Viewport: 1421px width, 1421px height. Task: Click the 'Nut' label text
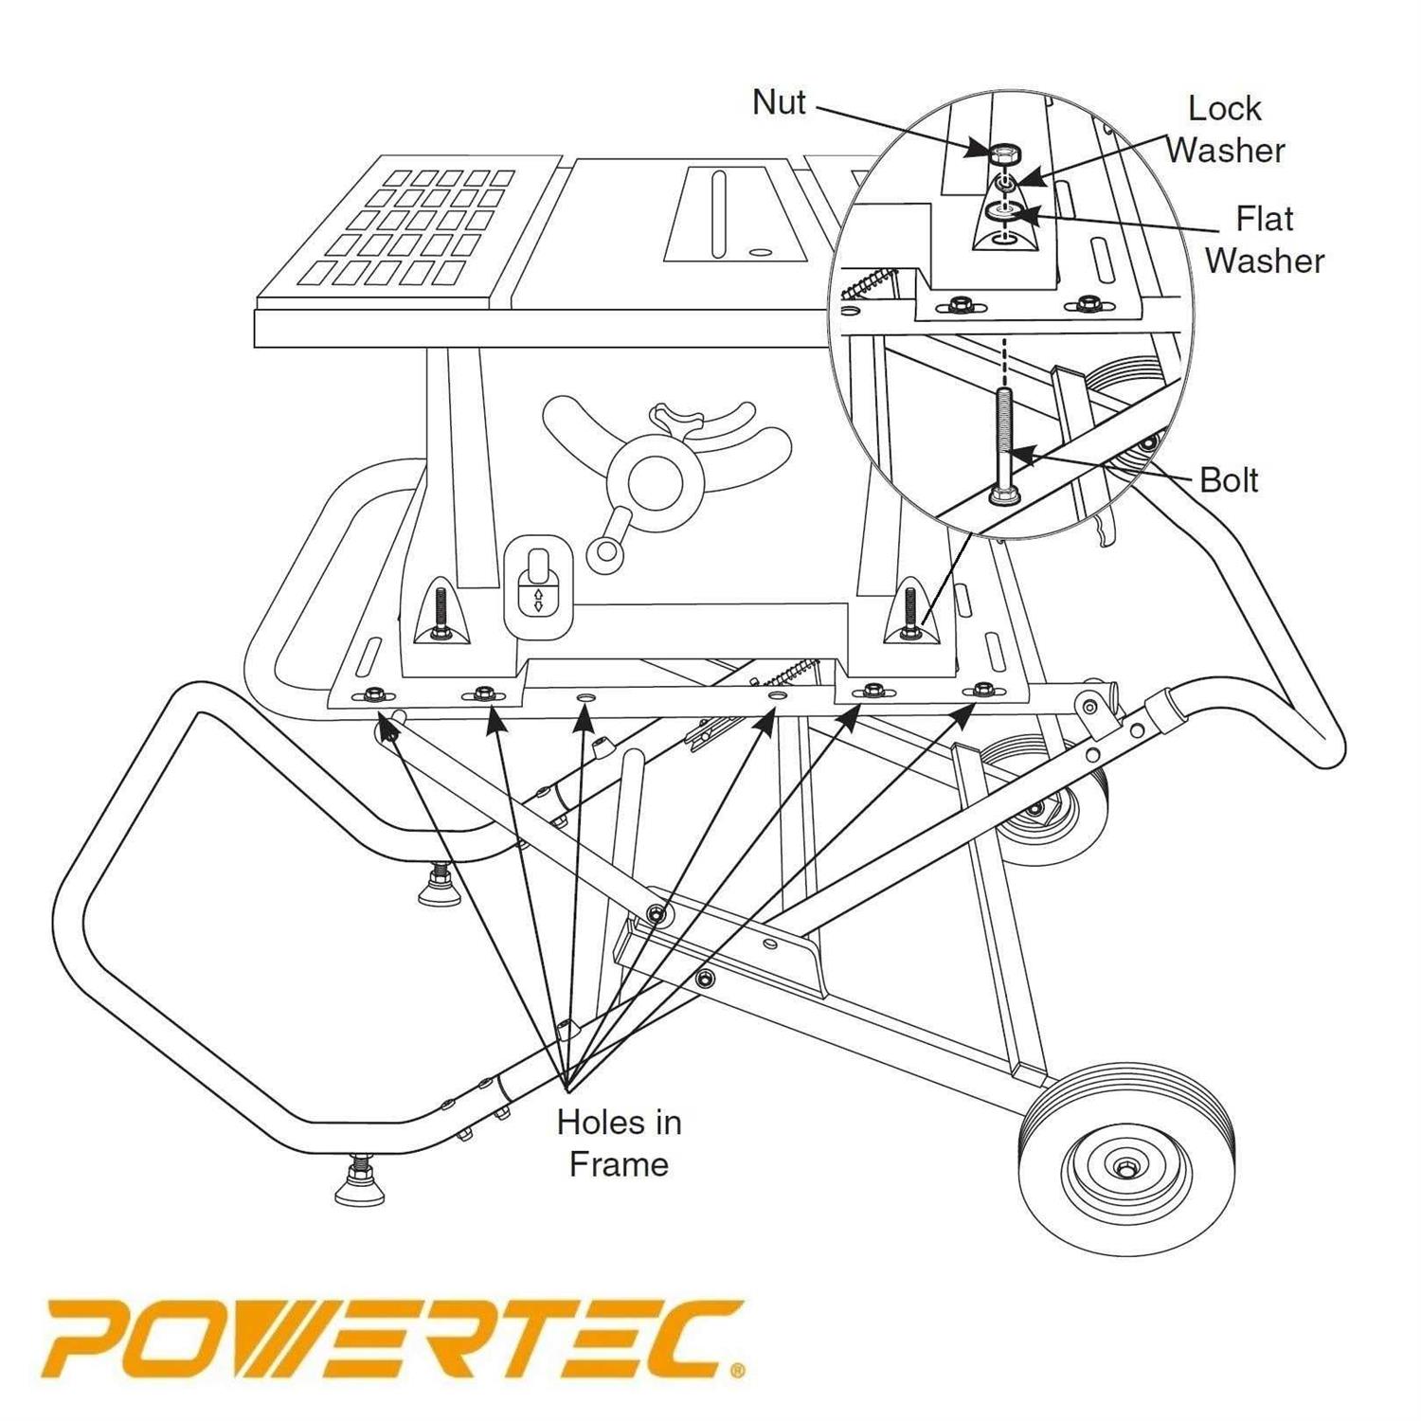click(779, 102)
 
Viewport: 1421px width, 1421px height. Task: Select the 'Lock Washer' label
click(1225, 130)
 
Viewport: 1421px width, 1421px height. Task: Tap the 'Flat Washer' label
click(1264, 240)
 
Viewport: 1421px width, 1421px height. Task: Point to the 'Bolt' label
click(1228, 480)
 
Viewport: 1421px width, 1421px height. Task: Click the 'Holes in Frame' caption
click(619, 1142)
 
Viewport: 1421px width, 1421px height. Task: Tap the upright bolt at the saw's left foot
click(441, 615)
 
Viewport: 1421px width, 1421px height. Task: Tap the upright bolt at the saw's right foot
click(910, 614)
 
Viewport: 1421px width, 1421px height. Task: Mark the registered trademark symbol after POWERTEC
click(737, 1371)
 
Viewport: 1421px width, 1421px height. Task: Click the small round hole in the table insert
click(757, 253)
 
